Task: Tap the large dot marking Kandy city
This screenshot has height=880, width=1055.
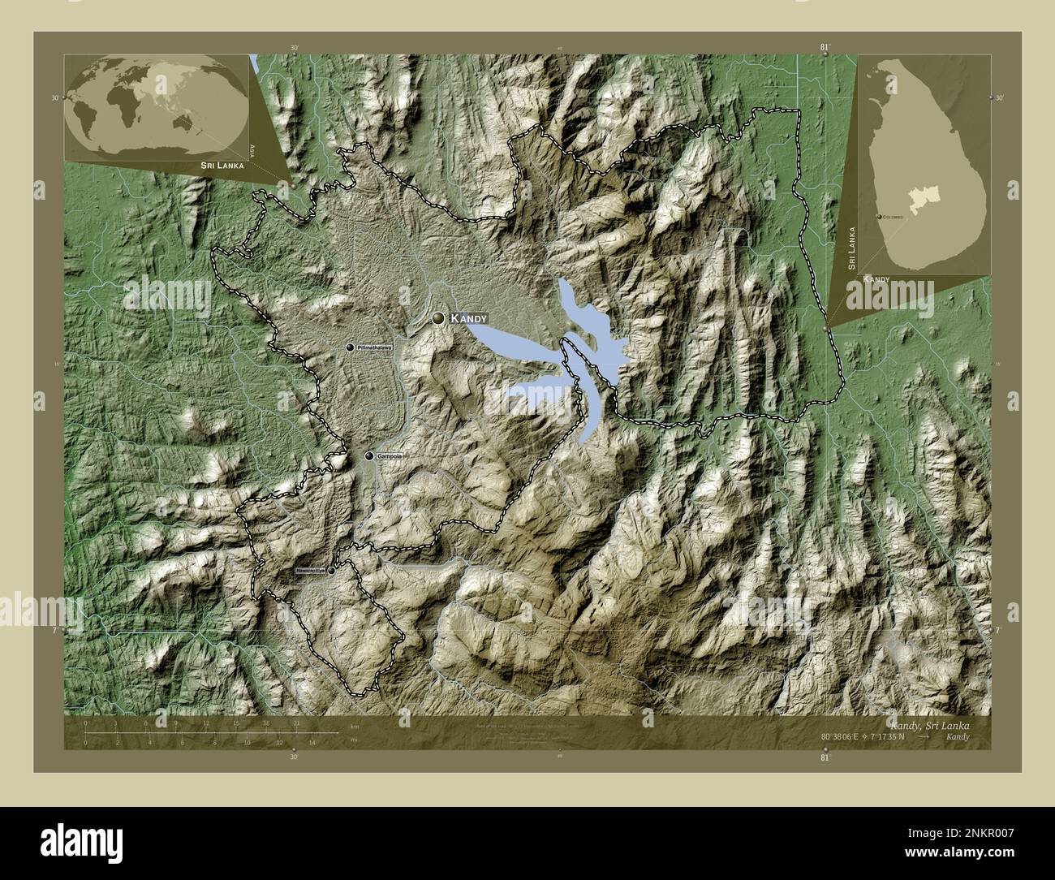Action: [x=439, y=320]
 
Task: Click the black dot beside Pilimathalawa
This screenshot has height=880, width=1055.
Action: [x=350, y=347]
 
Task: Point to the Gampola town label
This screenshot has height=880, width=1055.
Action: [x=390, y=457]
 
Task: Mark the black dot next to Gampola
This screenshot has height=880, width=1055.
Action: [x=369, y=457]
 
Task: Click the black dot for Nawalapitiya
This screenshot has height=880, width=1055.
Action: [x=331, y=571]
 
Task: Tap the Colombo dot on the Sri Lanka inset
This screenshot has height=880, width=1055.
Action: [x=881, y=218]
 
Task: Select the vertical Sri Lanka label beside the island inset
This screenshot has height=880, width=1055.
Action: [x=851, y=248]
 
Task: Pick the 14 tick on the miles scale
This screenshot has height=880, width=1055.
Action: [x=312, y=741]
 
